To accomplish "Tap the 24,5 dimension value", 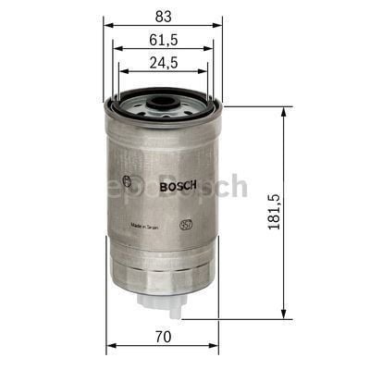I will (162, 63).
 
